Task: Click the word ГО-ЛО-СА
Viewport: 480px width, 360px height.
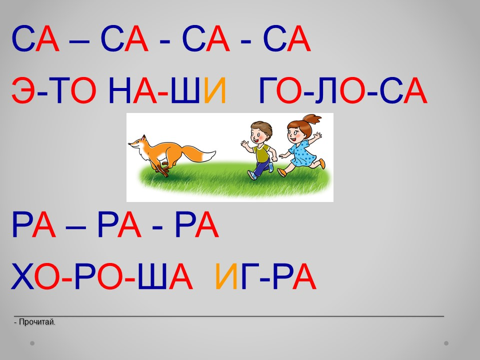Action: tap(343, 90)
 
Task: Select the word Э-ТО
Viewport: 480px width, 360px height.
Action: tap(54, 90)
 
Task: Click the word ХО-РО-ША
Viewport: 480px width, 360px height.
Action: tap(102, 276)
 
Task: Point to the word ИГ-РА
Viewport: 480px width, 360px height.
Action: tap(265, 276)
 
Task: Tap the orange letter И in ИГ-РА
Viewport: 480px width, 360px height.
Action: tap(226, 276)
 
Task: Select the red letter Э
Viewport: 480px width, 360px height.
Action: tap(23, 90)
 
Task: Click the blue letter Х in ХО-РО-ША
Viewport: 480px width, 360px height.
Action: tap(22, 276)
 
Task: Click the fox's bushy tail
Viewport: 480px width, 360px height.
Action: tap(199, 153)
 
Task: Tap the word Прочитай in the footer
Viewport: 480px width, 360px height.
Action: tap(37, 322)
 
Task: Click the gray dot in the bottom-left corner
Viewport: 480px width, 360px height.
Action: tap(32, 343)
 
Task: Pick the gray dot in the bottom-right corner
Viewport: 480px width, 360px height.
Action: tap(446, 343)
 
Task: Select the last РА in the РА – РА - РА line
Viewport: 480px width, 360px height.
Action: tap(197, 224)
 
